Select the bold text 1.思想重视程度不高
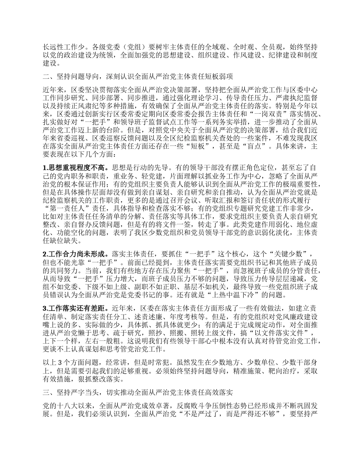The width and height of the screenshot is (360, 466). [76, 167]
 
